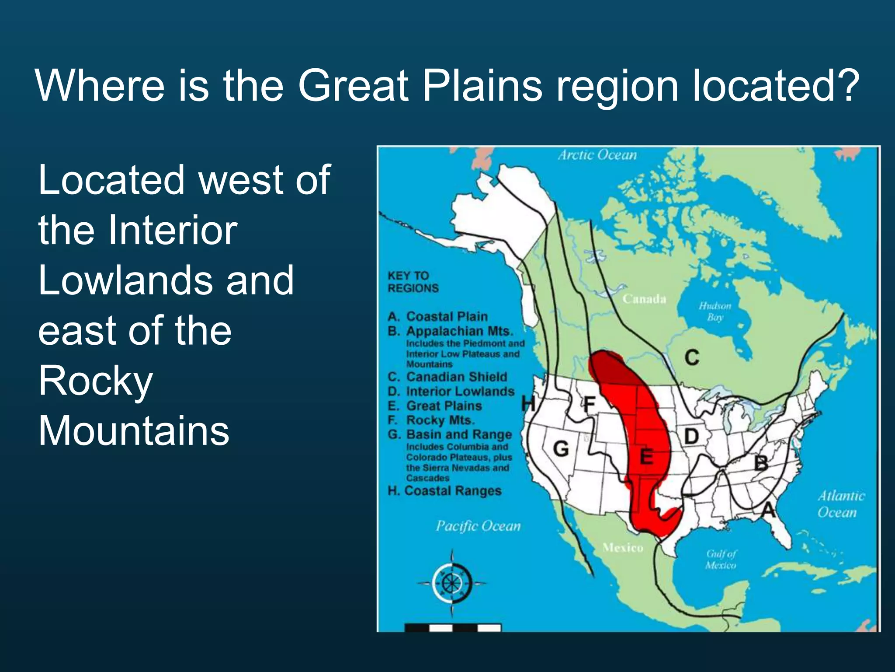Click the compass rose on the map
coord(452,583)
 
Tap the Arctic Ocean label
coord(597,155)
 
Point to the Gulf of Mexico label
coord(721,559)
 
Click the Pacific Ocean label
coord(478,525)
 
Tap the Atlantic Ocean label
coord(840,504)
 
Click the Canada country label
coord(644,299)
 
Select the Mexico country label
coord(623,547)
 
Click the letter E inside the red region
coord(646,457)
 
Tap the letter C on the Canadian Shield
coord(692,357)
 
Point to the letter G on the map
coord(561,449)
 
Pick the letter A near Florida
coord(769,509)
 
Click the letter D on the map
coord(691,436)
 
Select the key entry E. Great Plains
coord(435,406)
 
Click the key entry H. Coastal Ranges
coord(444,490)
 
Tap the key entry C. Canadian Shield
coord(447,377)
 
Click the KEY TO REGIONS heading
coord(413,282)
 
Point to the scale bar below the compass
coord(452,628)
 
